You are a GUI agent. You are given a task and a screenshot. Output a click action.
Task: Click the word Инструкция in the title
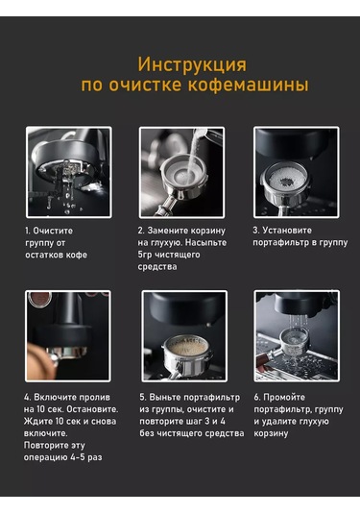(x=192, y=65)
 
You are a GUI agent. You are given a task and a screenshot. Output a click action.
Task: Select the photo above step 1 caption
(x=69, y=172)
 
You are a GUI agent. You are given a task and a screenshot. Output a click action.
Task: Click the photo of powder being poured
(x=181, y=172)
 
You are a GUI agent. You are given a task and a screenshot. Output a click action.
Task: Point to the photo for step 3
(x=296, y=172)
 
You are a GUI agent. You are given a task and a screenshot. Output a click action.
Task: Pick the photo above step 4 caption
(x=68, y=336)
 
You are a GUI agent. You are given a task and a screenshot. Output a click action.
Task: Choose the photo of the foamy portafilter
(x=184, y=336)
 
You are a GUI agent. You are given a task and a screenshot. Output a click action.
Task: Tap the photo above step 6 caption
(x=297, y=336)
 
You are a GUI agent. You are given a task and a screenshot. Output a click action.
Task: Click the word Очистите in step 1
(x=53, y=231)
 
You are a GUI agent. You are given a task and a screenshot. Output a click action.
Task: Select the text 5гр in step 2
(x=144, y=255)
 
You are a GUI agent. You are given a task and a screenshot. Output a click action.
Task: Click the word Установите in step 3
(x=287, y=231)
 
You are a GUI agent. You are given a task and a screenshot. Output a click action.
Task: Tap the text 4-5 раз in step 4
(x=86, y=457)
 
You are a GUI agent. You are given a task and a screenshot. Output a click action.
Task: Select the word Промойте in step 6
(x=284, y=398)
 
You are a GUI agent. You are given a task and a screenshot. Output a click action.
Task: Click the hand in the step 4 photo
(x=38, y=360)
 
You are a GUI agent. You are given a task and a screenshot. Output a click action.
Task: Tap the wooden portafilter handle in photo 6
(x=264, y=361)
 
